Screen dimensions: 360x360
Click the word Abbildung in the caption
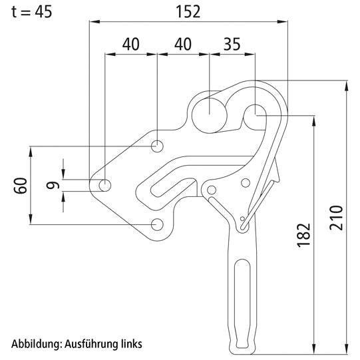pyautogui.click(x=35, y=344)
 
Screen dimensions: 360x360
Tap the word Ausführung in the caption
pyautogui.click(x=89, y=344)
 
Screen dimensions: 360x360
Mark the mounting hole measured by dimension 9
pyautogui.click(x=105, y=184)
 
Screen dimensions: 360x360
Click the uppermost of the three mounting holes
pyautogui.click(x=158, y=146)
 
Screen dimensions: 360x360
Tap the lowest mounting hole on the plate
pyautogui.click(x=158, y=224)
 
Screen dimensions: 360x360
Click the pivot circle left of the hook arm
pyautogui.click(x=212, y=191)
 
